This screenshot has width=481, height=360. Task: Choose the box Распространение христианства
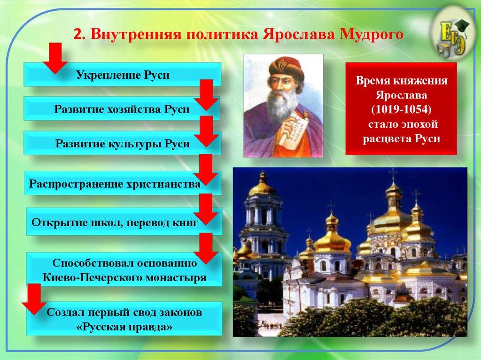(116, 183)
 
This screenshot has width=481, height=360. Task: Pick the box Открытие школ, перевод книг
(116, 221)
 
